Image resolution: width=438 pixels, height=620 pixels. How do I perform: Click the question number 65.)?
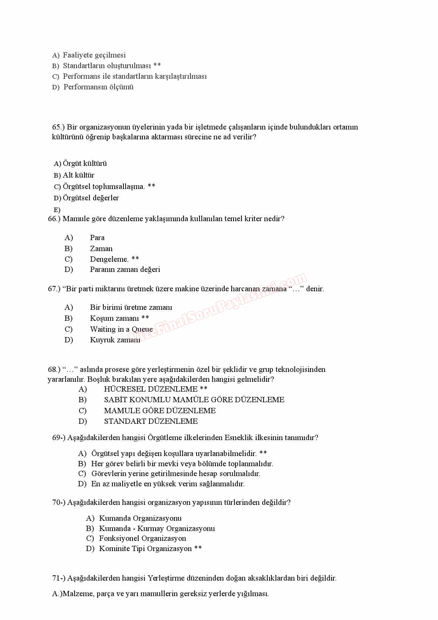pyautogui.click(x=58, y=127)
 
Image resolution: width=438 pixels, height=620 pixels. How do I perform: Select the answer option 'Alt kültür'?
pyautogui.click(x=78, y=175)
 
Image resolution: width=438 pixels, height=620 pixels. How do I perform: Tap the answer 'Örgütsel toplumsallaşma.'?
pyautogui.click(x=104, y=186)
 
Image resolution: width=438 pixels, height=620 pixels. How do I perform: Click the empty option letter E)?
pyautogui.click(x=57, y=210)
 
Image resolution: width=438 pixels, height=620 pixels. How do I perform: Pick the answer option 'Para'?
pyautogui.click(x=97, y=237)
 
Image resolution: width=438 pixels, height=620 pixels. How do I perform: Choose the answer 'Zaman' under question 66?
pyautogui.click(x=101, y=248)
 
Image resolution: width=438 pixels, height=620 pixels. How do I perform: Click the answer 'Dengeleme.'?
pyautogui.click(x=109, y=259)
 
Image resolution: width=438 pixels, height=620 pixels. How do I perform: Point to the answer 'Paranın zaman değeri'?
pyautogui.click(x=125, y=269)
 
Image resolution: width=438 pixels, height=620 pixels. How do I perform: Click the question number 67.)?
pyautogui.click(x=54, y=289)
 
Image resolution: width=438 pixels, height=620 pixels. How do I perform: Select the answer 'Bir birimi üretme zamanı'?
pyautogui.click(x=131, y=307)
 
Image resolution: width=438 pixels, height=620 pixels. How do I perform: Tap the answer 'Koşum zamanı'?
pyautogui.click(x=114, y=318)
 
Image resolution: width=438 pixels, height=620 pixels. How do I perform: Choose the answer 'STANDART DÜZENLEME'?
pyautogui.click(x=151, y=421)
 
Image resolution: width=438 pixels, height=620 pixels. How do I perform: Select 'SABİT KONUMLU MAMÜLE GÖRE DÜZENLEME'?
pyautogui.click(x=194, y=400)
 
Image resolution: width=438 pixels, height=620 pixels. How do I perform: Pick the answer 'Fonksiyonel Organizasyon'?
pyautogui.click(x=142, y=538)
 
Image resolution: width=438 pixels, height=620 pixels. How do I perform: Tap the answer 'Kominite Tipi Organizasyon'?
pyautogui.click(x=145, y=548)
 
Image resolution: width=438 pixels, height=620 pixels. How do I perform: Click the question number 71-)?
pyautogui.click(x=59, y=578)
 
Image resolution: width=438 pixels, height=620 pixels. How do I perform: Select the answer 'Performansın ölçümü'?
pyautogui.click(x=98, y=87)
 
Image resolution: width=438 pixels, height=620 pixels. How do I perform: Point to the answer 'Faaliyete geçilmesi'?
pyautogui.click(x=94, y=55)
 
